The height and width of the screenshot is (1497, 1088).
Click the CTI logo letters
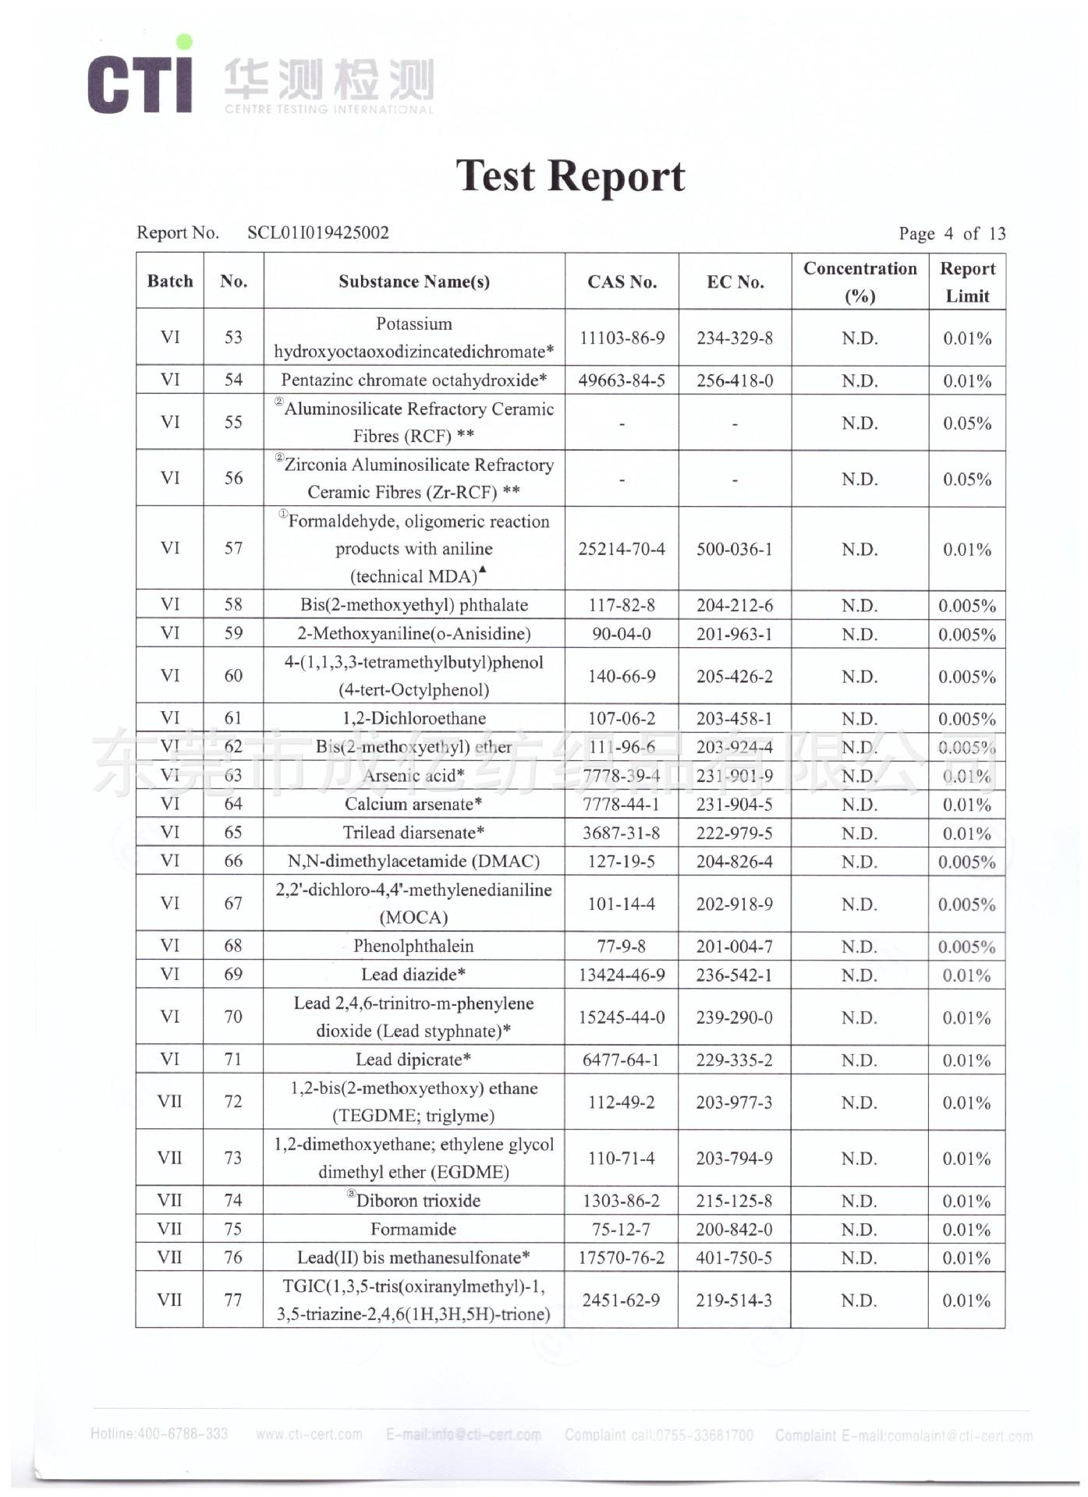coord(140,83)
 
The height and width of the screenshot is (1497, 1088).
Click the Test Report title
coord(570,176)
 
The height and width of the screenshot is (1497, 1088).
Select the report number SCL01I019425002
coord(317,232)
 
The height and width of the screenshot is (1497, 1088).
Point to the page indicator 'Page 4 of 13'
coord(952,234)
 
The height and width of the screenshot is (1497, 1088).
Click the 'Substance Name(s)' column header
coord(414,281)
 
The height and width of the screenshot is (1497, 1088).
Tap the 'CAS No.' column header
coord(622,281)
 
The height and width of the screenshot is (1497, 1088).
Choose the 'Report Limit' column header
coord(967,281)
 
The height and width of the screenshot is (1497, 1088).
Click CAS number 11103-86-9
coord(622,338)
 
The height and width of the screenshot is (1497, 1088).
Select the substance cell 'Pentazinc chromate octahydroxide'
coord(414,380)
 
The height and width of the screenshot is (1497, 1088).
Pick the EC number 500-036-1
coord(735,549)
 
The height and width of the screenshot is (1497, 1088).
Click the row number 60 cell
coord(233,676)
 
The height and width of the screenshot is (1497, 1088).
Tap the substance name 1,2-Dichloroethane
coord(414,718)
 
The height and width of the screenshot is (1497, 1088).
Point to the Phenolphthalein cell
coord(413,946)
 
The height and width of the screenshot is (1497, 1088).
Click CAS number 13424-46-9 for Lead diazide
coord(622,975)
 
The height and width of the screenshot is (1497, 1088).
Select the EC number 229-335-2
coord(735,1060)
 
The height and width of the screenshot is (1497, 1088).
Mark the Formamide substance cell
coord(413,1230)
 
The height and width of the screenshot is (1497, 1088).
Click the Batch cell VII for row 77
coord(169,1300)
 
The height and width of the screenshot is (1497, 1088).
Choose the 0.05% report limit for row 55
coord(967,423)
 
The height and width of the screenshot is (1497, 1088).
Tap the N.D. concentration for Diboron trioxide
coord(859,1201)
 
